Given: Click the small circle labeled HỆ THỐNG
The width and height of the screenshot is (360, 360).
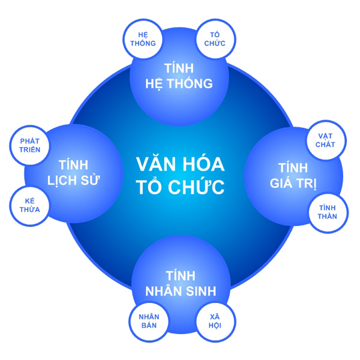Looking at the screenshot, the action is (143, 39).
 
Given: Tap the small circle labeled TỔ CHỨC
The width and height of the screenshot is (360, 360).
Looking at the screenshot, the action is (215, 39).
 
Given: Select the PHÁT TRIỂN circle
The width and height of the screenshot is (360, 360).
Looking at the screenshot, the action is (29, 145).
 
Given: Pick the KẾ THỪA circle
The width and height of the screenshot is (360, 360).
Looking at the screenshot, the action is (29, 206).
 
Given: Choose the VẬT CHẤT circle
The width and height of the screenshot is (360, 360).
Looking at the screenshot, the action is (326, 140).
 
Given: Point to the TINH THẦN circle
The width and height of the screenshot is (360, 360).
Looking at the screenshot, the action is (328, 212).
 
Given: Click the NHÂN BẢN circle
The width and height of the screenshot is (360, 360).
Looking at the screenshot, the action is (149, 322).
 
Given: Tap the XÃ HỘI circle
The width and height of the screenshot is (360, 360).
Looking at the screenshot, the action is (215, 322).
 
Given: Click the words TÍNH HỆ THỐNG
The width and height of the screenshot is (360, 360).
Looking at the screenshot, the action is (179, 76).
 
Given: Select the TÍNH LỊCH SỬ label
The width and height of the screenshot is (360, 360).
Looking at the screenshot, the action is (73, 173).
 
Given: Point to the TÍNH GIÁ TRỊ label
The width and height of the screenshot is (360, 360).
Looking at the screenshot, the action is (293, 176).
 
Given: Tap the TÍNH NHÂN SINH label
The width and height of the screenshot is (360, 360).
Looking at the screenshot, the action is (181, 284).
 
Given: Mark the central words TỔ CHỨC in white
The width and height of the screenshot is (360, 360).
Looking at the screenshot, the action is (180, 187).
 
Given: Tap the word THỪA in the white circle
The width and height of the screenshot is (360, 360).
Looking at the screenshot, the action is (29, 209).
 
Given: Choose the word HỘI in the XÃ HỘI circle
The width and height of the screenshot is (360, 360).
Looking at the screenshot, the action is (215, 326).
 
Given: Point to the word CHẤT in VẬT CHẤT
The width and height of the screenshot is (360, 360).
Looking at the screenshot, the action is (325, 145).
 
